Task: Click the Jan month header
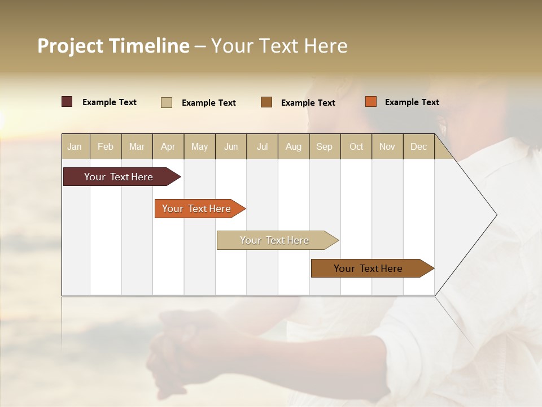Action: [75, 146]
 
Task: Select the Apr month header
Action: [168, 146]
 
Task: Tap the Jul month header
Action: [262, 146]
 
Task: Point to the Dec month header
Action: [418, 146]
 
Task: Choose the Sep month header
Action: [324, 146]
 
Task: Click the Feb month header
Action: [106, 146]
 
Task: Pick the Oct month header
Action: [356, 146]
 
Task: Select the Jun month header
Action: [231, 146]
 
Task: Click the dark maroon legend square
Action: [67, 102]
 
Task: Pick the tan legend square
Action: [167, 102]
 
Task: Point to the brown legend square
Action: [266, 102]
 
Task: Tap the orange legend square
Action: [370, 102]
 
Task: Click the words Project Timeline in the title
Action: [113, 46]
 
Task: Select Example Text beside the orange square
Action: [412, 102]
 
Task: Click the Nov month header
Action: [387, 146]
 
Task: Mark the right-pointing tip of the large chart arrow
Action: [496, 215]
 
